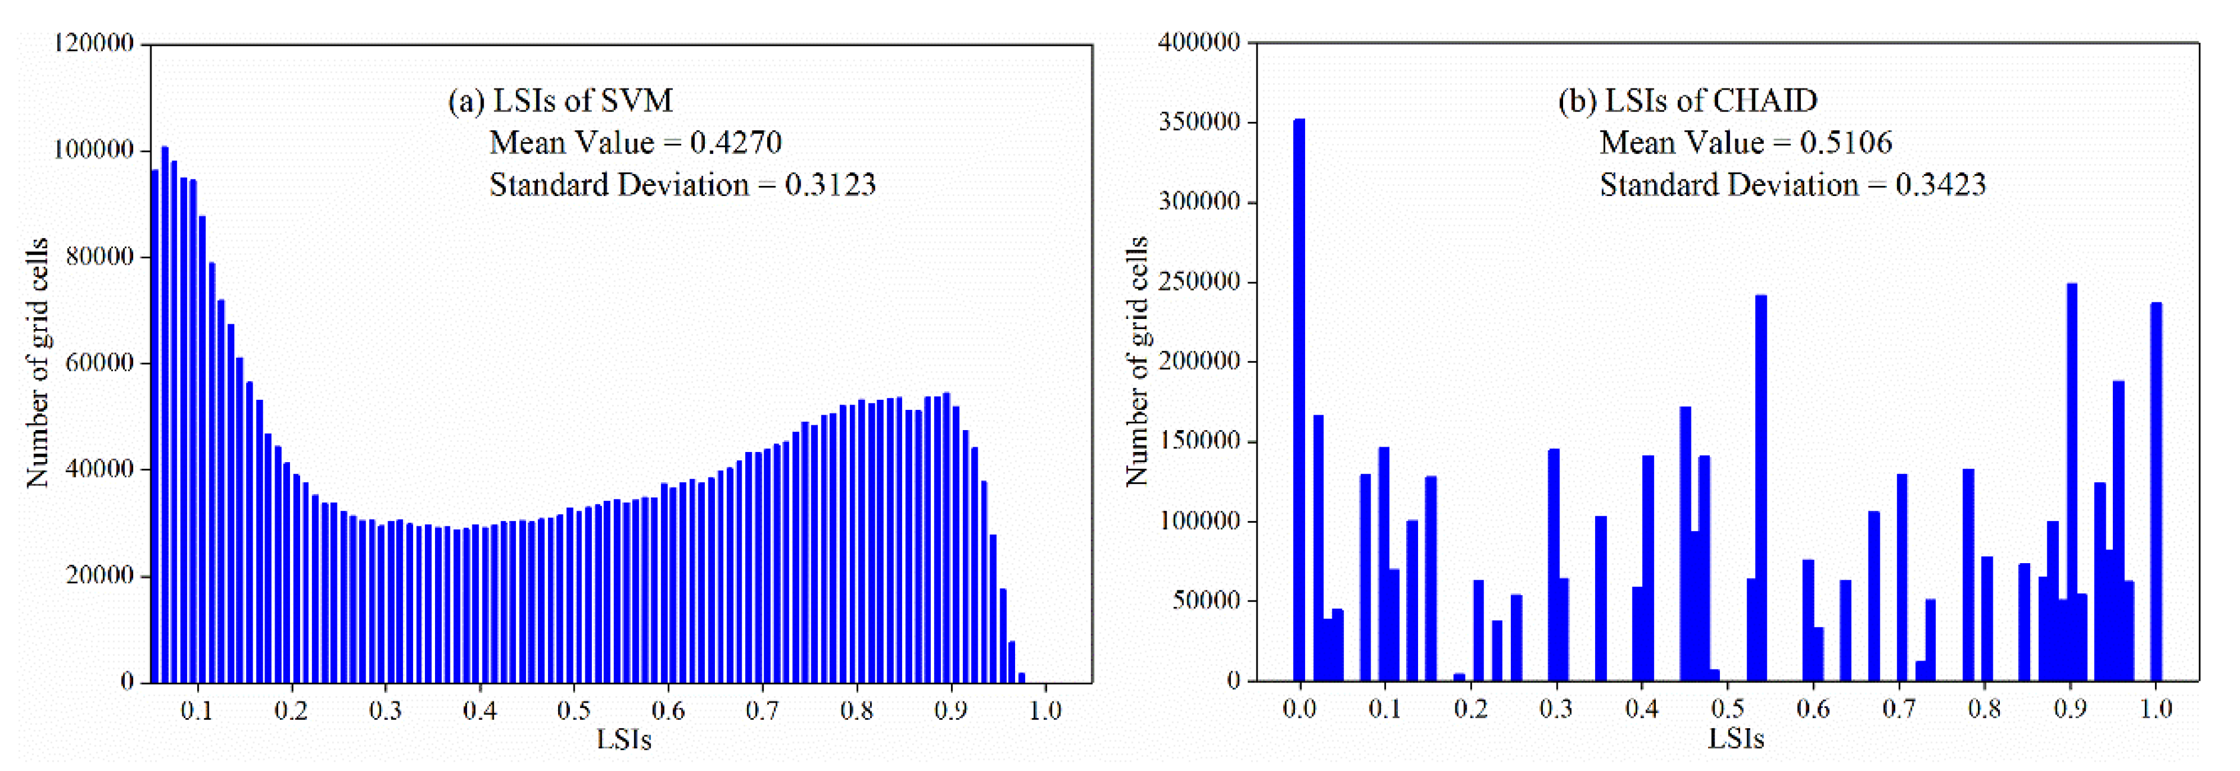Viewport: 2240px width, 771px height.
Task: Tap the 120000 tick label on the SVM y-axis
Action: pos(94,43)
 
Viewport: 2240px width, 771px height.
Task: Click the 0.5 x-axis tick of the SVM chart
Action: pos(574,710)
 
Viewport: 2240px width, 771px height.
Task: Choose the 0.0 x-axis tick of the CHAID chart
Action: pos(1299,709)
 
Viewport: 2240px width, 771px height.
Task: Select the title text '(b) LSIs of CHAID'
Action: pos(1687,101)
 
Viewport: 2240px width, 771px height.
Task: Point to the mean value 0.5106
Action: pos(1845,143)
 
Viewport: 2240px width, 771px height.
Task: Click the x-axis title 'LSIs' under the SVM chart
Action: pos(623,740)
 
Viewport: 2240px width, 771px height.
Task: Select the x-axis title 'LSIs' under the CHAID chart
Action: pos(1735,740)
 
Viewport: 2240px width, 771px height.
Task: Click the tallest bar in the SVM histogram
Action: pos(165,414)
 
